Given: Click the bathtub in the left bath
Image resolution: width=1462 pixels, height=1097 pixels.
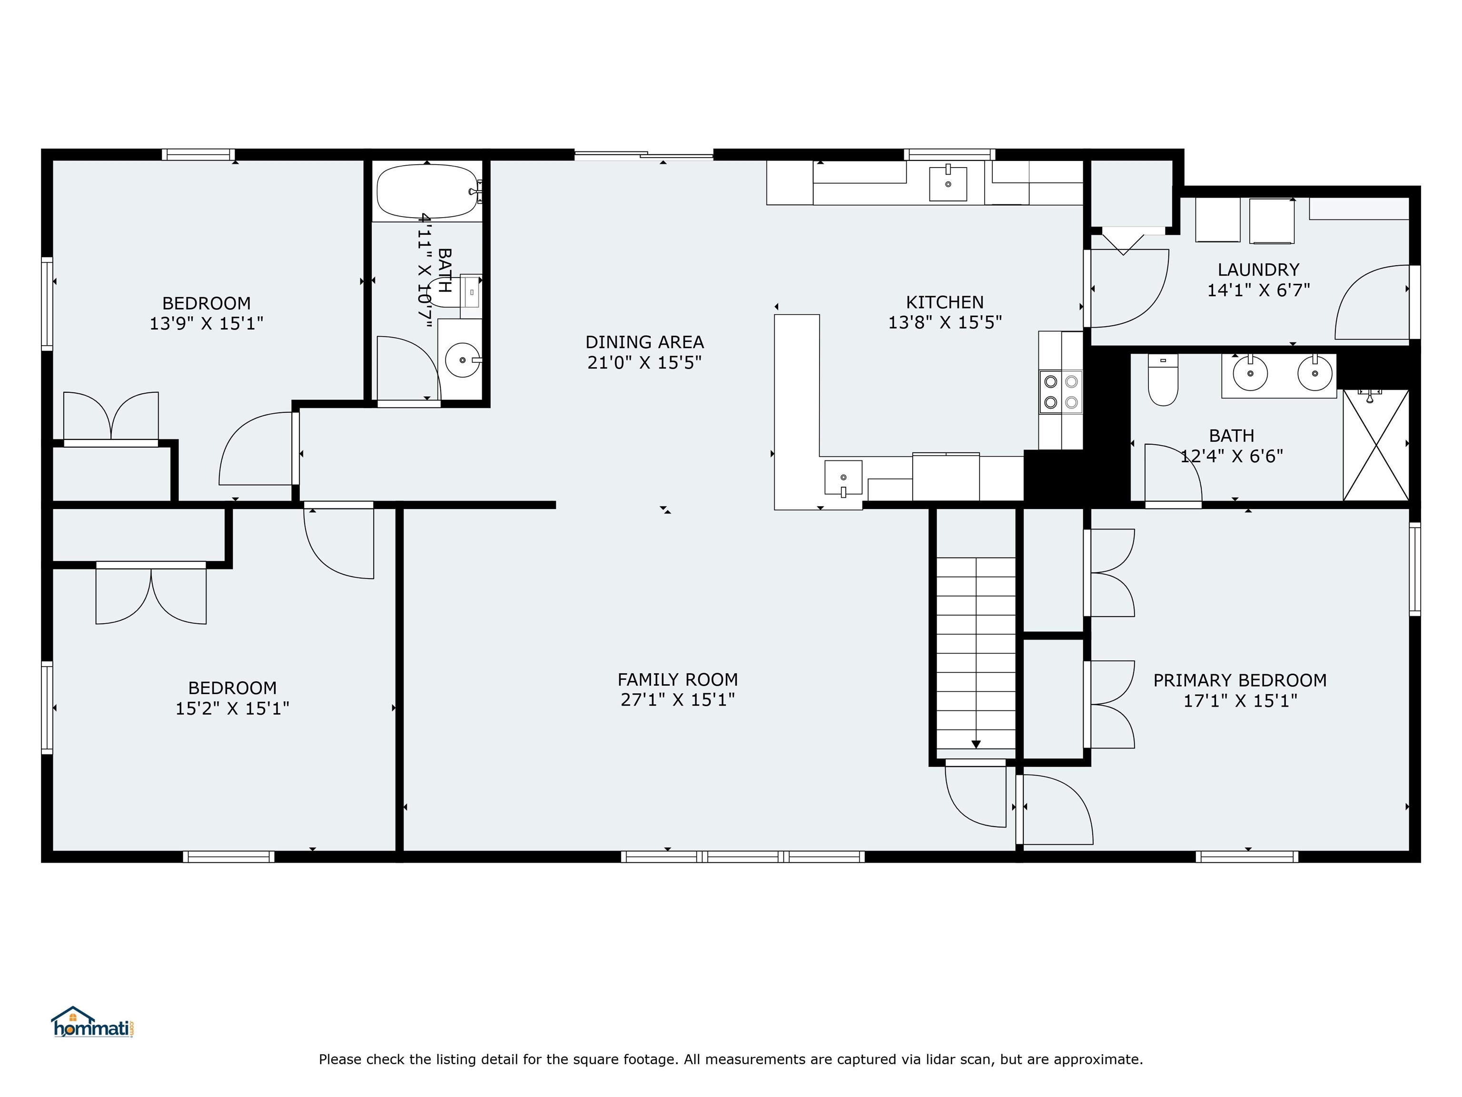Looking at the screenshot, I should (x=427, y=191).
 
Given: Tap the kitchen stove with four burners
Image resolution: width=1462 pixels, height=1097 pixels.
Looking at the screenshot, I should (x=1060, y=391).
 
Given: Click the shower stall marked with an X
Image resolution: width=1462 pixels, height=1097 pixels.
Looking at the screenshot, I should (x=1375, y=445).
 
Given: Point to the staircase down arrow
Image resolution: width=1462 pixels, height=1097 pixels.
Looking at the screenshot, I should (x=976, y=744).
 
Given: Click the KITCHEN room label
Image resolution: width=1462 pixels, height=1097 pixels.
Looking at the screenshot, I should (x=945, y=302).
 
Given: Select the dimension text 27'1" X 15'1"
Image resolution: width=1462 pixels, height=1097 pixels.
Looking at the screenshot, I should (x=678, y=699).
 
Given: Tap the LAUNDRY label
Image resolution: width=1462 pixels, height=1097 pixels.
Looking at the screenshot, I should (x=1258, y=270).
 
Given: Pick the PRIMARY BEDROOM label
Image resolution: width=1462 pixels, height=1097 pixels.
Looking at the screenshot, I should (x=1239, y=680).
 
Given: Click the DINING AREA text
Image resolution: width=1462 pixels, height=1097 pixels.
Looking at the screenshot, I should (x=644, y=342).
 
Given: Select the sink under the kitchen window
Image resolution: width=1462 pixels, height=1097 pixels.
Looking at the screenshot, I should (x=948, y=183).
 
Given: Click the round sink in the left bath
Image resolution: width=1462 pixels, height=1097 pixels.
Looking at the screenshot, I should (x=462, y=360).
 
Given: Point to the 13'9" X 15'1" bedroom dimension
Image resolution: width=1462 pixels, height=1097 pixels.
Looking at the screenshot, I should (x=206, y=323).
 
